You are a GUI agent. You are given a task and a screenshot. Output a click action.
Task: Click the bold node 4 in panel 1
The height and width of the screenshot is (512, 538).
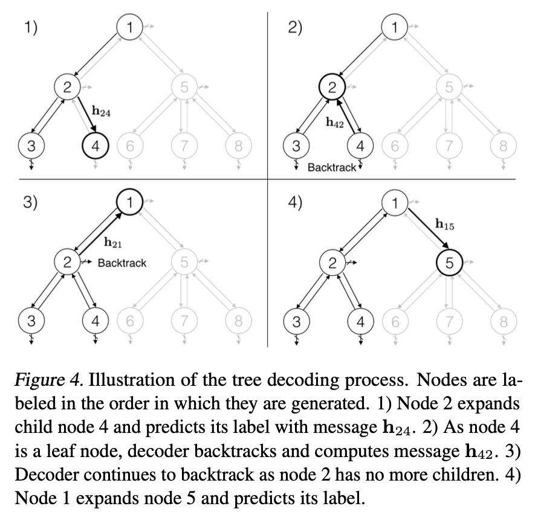[x=94, y=146]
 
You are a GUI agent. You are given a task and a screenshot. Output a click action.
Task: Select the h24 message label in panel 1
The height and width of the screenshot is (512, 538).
[x=101, y=112]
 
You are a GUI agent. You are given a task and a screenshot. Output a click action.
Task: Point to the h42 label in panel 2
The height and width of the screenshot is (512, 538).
[x=335, y=123]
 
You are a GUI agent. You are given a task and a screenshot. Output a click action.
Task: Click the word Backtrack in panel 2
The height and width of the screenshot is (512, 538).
[x=332, y=167]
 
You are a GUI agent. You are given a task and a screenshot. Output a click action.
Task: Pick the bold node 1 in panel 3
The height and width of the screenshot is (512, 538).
[x=129, y=202]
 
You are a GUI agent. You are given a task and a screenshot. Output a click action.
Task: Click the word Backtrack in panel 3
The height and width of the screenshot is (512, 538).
[x=122, y=263]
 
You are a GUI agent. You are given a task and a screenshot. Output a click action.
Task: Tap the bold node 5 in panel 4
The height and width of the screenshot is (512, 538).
[x=449, y=262]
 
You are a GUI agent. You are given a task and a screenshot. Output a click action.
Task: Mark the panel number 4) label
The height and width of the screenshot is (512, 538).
[x=296, y=203]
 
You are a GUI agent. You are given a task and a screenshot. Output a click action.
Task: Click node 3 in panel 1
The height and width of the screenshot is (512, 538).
[x=31, y=146]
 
